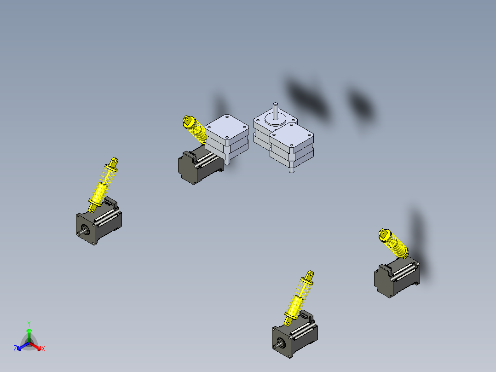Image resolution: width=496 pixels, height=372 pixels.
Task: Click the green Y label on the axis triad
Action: (x=29, y=324)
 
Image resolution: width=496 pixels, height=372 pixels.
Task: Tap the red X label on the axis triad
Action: (x=43, y=349)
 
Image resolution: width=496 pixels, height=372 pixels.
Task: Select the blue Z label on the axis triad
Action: (x=15, y=349)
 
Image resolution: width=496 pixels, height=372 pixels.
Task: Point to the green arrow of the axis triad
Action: (x=29, y=335)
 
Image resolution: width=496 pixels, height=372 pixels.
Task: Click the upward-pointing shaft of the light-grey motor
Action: (x=275, y=111)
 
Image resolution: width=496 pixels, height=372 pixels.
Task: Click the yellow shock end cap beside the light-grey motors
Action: (x=188, y=121)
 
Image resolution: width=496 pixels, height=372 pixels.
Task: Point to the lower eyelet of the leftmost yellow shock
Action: (x=92, y=209)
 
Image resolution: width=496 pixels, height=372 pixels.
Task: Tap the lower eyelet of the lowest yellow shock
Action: (x=288, y=322)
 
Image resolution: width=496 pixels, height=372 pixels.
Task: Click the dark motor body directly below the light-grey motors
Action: (x=201, y=165)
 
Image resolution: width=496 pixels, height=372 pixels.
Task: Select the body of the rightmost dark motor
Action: (x=397, y=278)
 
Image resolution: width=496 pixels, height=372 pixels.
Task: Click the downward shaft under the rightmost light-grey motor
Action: (x=291, y=170)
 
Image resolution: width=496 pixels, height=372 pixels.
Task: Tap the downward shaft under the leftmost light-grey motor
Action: (x=227, y=162)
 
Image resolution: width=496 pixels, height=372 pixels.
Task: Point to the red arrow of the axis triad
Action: (x=36, y=346)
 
